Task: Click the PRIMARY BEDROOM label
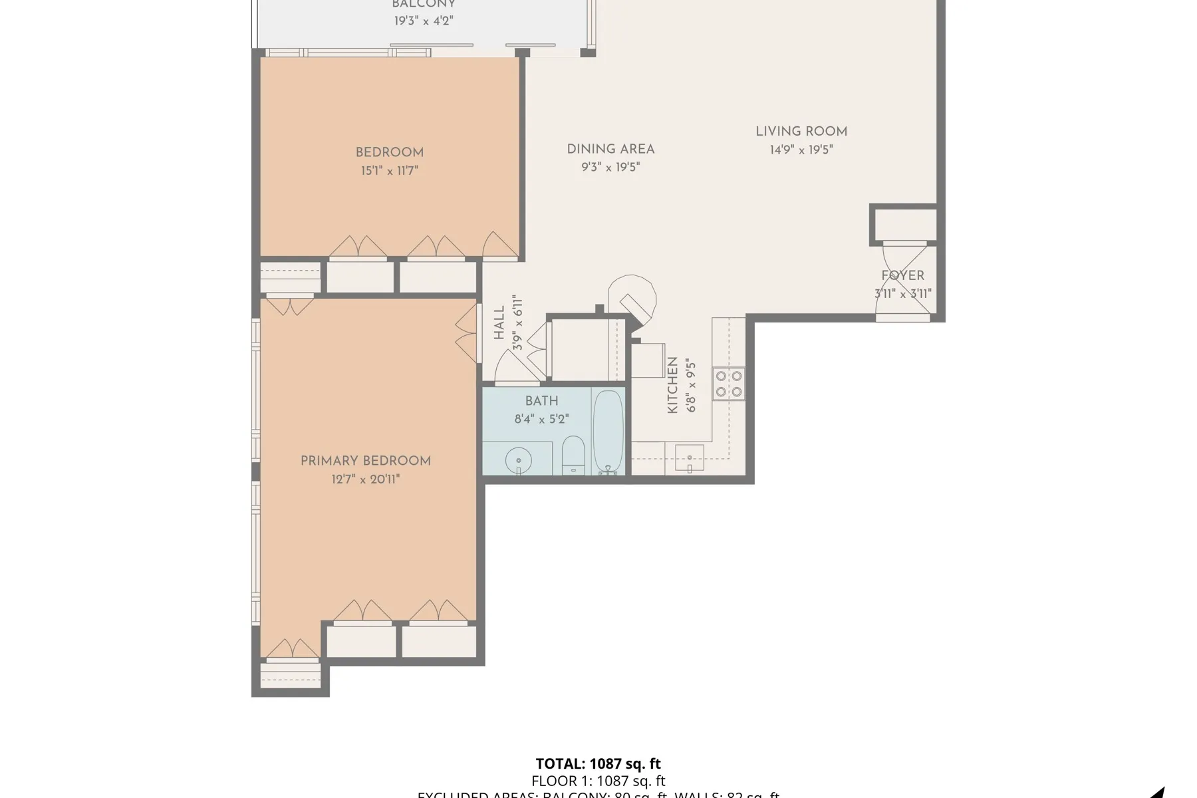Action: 365,461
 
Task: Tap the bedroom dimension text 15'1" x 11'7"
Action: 389,171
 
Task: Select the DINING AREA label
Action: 610,149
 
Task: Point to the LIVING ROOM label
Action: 801,132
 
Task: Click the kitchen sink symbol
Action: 690,458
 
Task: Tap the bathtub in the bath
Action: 608,431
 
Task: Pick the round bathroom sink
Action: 518,460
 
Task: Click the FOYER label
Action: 902,275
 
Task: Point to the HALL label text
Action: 499,323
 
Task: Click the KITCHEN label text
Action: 672,385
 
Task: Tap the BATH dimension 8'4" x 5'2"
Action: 541,419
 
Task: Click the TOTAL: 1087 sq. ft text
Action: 598,763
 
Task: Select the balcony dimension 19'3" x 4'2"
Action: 423,21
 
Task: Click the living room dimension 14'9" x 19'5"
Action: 801,150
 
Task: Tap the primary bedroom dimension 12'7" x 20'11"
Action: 365,479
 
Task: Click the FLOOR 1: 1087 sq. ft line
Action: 598,781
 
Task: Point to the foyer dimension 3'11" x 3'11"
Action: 902,293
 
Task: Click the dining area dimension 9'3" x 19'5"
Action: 610,167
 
